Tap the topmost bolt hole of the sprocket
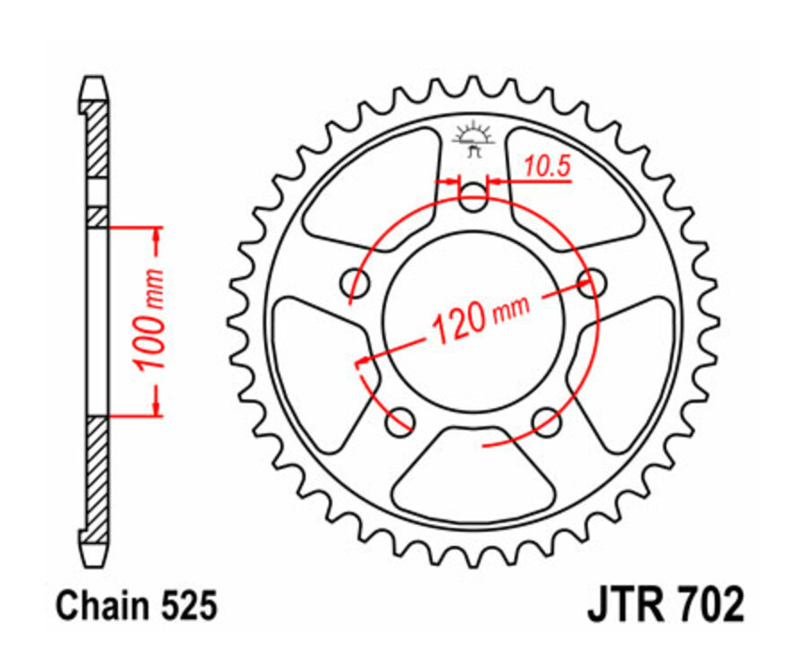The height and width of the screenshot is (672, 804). tap(473, 199)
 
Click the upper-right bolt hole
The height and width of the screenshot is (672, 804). tap(587, 283)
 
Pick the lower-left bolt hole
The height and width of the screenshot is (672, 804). tap(399, 419)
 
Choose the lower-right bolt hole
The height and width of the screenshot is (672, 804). tap(544, 419)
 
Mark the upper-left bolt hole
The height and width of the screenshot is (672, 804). tap(356, 283)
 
